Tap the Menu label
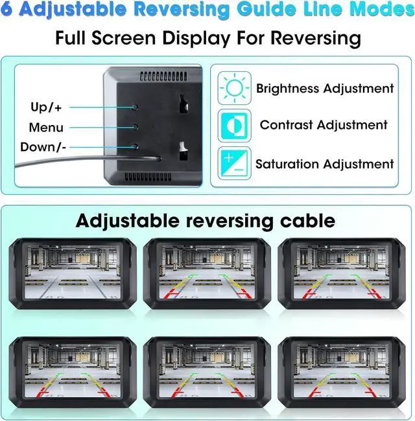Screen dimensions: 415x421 (46, 127)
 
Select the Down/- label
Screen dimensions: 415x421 (43, 147)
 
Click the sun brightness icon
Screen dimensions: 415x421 (233, 87)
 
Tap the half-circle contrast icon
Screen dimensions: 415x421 (233, 125)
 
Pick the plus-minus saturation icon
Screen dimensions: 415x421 (233, 163)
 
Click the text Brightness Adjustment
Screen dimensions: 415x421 (325, 88)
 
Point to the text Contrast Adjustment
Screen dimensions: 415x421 (324, 125)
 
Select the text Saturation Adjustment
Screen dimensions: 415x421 (324, 164)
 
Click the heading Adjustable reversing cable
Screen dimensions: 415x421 (205, 220)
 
